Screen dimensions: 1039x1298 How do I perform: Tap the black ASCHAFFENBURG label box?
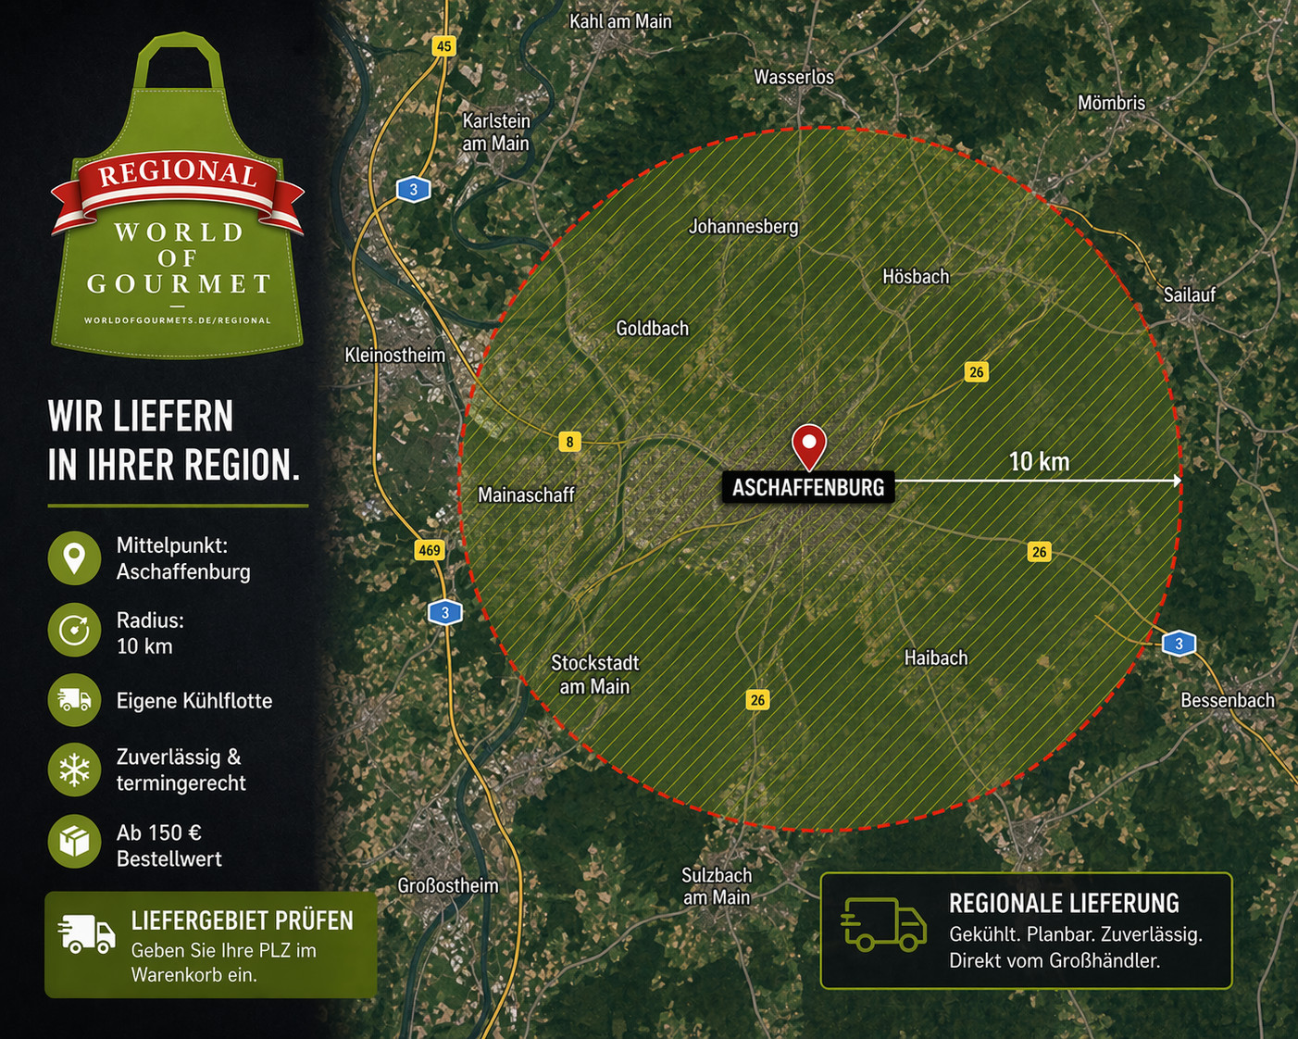pos(808,487)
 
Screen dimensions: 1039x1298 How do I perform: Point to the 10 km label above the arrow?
pos(1039,461)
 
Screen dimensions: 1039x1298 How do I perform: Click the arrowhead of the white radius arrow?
pos(1177,481)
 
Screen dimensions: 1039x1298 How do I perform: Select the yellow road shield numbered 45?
pos(444,46)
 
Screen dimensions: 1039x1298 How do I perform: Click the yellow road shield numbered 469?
pos(430,550)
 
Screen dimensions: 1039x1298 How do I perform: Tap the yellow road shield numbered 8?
pos(570,442)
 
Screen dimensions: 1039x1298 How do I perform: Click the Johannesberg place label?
pos(743,226)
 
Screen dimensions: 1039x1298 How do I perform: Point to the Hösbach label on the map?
pos(916,277)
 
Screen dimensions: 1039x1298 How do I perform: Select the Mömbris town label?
pos(1111,103)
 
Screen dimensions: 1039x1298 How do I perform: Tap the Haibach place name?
pos(936,658)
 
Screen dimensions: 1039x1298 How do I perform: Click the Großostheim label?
pos(448,886)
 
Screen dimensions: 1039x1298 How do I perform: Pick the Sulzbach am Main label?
pos(717,886)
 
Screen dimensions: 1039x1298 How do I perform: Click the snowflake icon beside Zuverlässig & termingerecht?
pos(74,770)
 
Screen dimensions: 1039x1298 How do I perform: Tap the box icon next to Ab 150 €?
pos(74,841)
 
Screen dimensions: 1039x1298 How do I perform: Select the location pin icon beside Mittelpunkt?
pos(74,558)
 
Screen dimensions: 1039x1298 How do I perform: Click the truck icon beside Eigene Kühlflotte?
pos(74,700)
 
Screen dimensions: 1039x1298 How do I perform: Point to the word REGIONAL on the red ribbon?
pos(178,173)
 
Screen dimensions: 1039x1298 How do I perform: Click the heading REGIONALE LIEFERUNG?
pos(1064,904)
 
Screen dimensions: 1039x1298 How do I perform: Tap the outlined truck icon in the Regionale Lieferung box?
pos(883,924)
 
